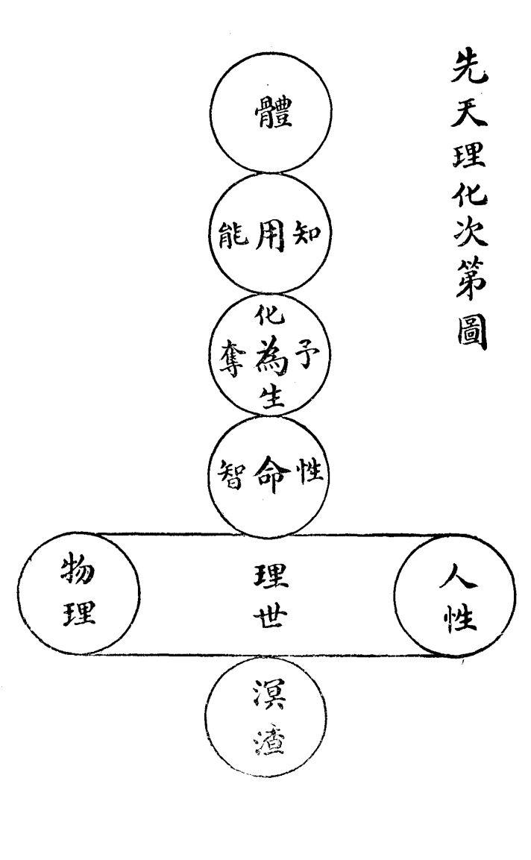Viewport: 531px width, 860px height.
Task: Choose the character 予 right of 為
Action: (x=308, y=351)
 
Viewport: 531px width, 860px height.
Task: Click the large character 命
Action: (x=269, y=472)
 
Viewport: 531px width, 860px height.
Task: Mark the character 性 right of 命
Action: (x=309, y=471)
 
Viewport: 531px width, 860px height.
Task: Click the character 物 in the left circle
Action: (x=78, y=574)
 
